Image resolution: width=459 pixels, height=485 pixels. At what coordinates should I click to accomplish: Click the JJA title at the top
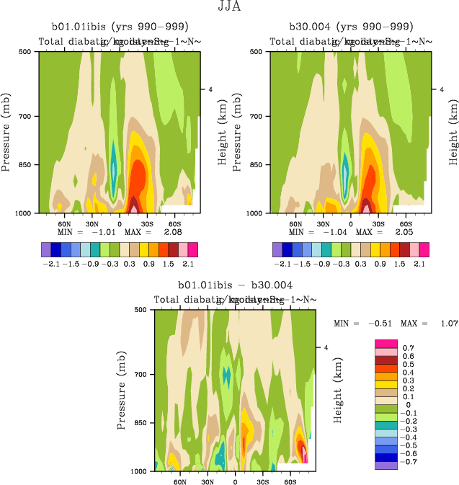pyautogui.click(x=229, y=8)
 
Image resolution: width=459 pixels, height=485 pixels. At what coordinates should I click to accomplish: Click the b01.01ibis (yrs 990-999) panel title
pyautogui.click(x=118, y=27)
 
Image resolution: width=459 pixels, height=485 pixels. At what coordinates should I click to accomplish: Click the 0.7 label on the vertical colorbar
pyautogui.click(x=408, y=347)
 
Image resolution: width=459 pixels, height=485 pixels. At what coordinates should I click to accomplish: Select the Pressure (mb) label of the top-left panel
pyautogui.click(x=6, y=132)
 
